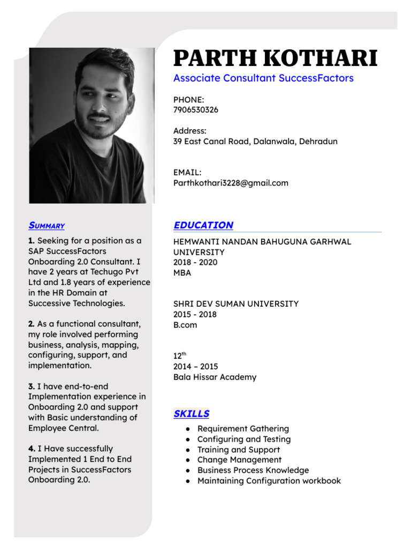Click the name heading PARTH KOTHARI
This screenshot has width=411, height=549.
[x=275, y=58]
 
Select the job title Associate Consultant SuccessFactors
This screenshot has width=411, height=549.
[x=263, y=78]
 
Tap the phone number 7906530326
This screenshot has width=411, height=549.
[x=196, y=110]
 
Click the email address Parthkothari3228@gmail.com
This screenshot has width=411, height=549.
[x=231, y=183]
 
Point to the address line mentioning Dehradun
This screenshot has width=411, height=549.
[x=255, y=142]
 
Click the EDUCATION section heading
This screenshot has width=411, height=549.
[x=203, y=225]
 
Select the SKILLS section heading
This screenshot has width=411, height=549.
[x=191, y=414]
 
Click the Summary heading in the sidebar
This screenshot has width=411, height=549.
[x=47, y=226]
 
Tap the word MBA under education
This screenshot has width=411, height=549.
[x=182, y=273]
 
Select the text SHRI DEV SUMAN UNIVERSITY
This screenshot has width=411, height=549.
[x=236, y=304]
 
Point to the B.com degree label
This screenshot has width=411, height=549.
[x=185, y=325]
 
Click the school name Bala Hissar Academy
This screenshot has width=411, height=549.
[x=215, y=377]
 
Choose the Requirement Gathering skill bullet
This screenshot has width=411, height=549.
[x=243, y=429]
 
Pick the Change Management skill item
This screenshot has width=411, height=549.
[x=239, y=460]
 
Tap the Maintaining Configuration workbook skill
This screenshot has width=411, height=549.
[x=269, y=481]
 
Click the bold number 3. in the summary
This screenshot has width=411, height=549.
[x=32, y=387]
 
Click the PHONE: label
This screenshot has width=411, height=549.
[x=188, y=100]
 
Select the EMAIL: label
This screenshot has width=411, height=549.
[x=187, y=173]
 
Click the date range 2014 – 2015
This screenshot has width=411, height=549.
[x=195, y=367]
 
